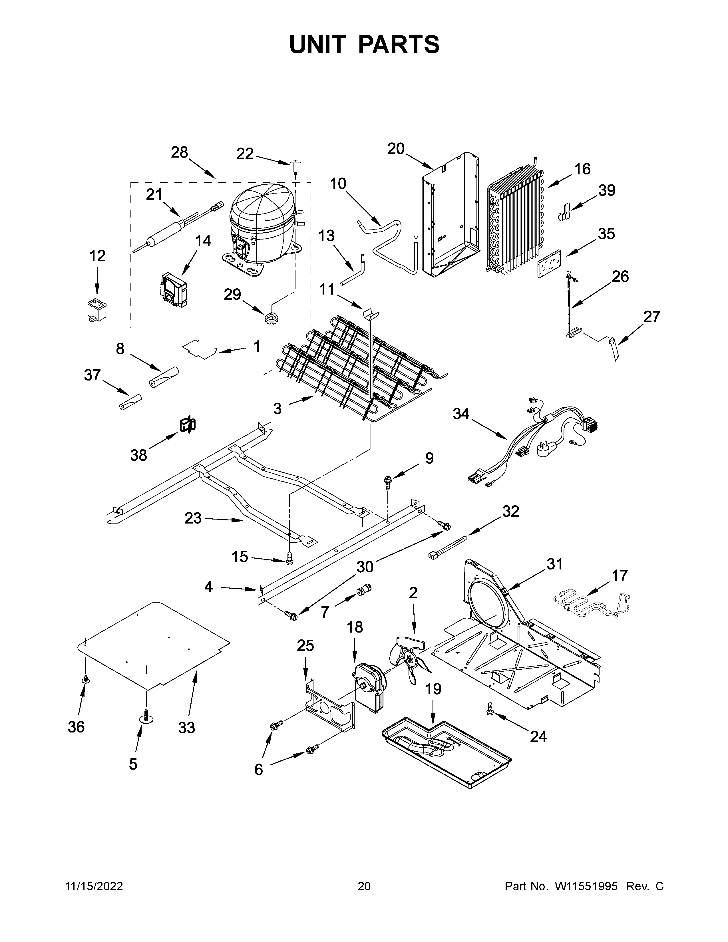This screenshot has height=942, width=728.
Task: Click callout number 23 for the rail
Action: click(193, 518)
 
